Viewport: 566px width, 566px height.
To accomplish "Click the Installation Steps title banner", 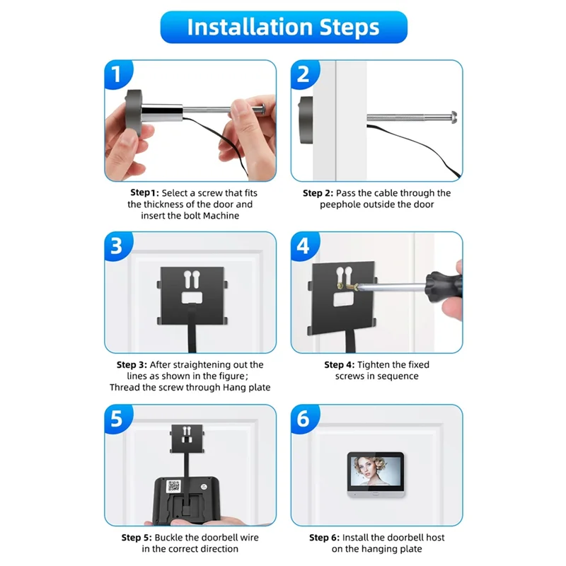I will (283, 28).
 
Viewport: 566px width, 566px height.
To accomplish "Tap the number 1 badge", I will (118, 75).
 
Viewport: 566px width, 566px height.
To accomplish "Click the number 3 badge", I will (118, 246).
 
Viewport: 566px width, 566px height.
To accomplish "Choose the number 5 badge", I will (118, 419).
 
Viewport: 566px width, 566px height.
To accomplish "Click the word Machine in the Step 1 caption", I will (220, 216).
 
